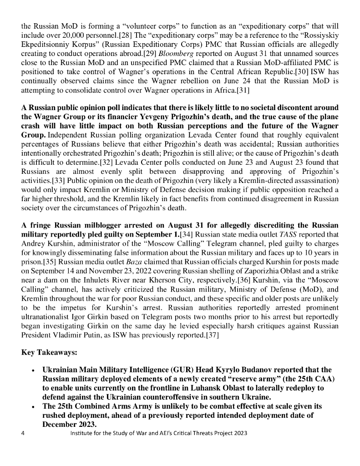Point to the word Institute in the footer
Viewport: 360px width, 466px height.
(x=81, y=433)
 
